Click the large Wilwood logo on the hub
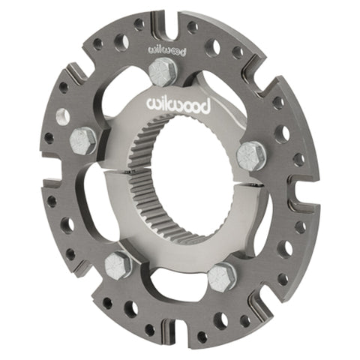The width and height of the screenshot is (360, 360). click(x=178, y=103)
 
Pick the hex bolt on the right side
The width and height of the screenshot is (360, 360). click(x=251, y=155)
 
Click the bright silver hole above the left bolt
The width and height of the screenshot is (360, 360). click(x=63, y=117)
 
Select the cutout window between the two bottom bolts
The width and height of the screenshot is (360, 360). click(x=169, y=281)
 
